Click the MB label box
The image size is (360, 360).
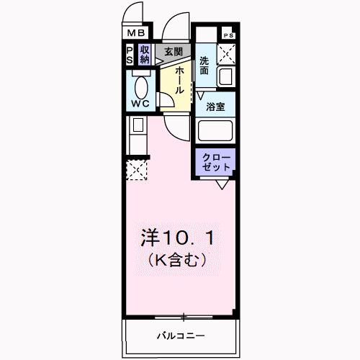click(135, 33)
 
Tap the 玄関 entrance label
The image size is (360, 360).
click(172, 52)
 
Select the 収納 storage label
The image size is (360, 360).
click(145, 55)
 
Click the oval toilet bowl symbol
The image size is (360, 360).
click(141, 87)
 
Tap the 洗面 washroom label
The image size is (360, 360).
click(204, 66)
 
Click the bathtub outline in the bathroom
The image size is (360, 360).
click(216, 132)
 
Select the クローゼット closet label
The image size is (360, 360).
click(216, 162)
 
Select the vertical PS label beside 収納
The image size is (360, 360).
click(130, 55)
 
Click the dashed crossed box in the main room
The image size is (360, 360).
click(135, 171)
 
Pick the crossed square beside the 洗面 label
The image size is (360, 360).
click(228, 53)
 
